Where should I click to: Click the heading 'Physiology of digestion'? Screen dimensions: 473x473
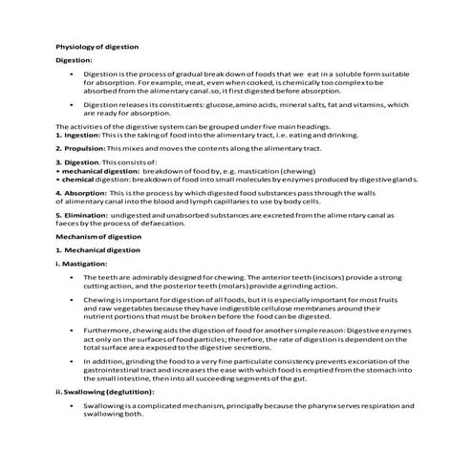point(97,46)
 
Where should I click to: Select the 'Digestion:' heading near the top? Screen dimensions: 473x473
point(74,59)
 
